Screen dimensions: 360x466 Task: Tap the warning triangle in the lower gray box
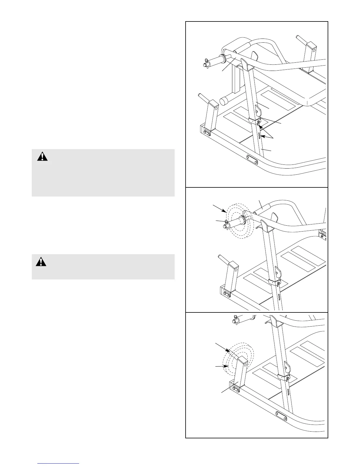pos(41,262)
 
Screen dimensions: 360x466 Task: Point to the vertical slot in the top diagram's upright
pos(259,136)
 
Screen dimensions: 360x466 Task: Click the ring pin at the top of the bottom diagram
pos(236,319)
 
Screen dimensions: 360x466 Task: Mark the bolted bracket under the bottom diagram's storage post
pos(235,389)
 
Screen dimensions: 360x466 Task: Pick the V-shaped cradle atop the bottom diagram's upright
pos(275,322)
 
